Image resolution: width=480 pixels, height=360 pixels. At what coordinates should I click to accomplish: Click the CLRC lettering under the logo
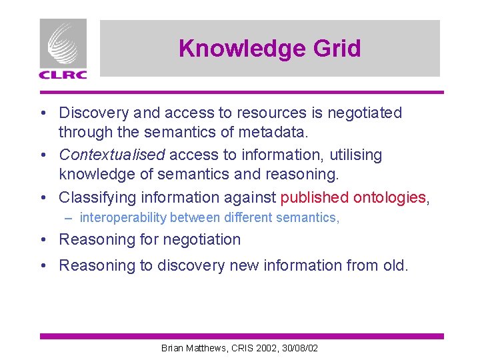(x=63, y=75)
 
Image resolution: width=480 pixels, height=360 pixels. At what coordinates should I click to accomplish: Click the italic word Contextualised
(x=111, y=155)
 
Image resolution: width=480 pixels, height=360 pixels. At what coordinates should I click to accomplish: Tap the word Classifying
(x=97, y=198)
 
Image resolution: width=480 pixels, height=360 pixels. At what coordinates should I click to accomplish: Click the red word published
(x=315, y=198)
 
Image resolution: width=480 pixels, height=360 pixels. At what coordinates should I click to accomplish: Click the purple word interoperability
(x=123, y=218)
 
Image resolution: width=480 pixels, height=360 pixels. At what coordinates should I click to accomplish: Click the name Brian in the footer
(x=173, y=348)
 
